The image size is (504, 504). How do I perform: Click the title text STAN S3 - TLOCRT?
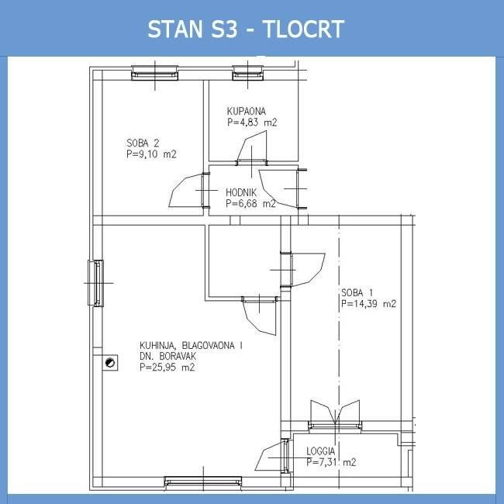click(x=246, y=29)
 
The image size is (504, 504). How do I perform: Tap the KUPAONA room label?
click(x=247, y=111)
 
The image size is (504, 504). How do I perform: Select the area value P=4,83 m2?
click(x=252, y=123)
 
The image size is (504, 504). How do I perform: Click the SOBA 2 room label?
click(x=143, y=143)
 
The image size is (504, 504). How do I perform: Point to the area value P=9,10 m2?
click(x=151, y=154)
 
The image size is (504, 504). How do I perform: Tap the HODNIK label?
click(x=241, y=192)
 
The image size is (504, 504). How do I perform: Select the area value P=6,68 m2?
click(x=250, y=203)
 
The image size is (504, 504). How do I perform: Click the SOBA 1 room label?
click(x=357, y=293)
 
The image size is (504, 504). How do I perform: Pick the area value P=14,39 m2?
click(x=368, y=304)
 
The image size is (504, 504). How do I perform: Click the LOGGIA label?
click(x=320, y=451)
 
